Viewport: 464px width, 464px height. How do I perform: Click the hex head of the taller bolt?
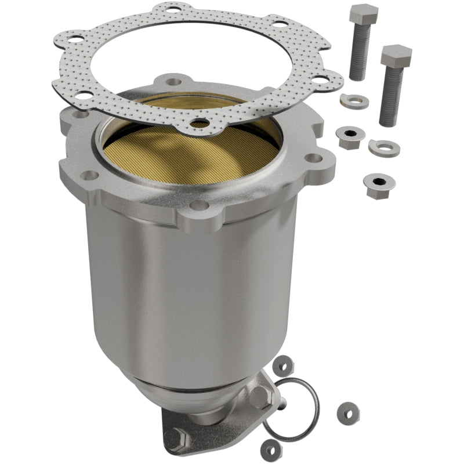363,13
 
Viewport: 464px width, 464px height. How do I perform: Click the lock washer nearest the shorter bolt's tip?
384,147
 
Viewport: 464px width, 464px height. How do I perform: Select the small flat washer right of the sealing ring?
347,410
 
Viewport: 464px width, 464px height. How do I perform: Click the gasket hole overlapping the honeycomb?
200,123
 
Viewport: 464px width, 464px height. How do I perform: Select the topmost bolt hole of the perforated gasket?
172,9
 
